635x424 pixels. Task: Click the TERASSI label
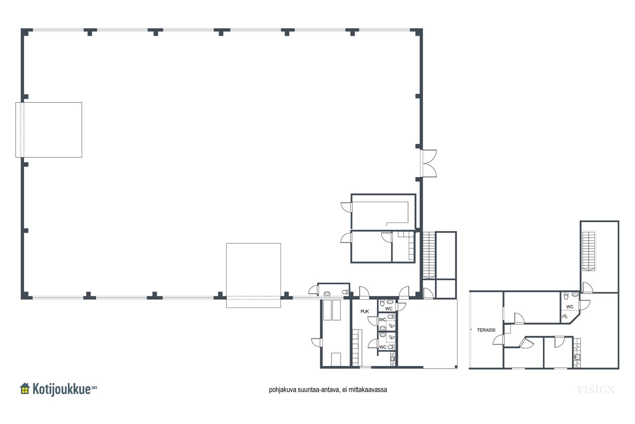point(486,330)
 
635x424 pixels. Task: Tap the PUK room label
point(365,311)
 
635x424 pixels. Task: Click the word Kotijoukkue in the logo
point(62,389)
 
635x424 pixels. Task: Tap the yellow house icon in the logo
point(25,389)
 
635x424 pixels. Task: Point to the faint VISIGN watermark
point(596,390)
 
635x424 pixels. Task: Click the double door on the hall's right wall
point(429,163)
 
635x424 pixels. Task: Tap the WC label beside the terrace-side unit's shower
point(570,306)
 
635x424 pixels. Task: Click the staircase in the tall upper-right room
point(589,252)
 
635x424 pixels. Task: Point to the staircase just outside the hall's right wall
point(429,255)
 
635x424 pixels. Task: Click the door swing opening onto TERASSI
point(498,340)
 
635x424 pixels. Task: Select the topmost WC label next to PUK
point(389,309)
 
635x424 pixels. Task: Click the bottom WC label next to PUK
point(383,347)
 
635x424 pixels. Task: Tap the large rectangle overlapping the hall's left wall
point(49,130)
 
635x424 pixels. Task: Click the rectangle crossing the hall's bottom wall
point(254,275)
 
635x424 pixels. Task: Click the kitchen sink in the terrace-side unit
point(577,357)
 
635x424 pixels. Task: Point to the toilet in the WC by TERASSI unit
point(566,296)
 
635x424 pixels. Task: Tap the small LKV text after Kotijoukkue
point(94,387)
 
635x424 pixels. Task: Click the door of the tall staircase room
point(587,288)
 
